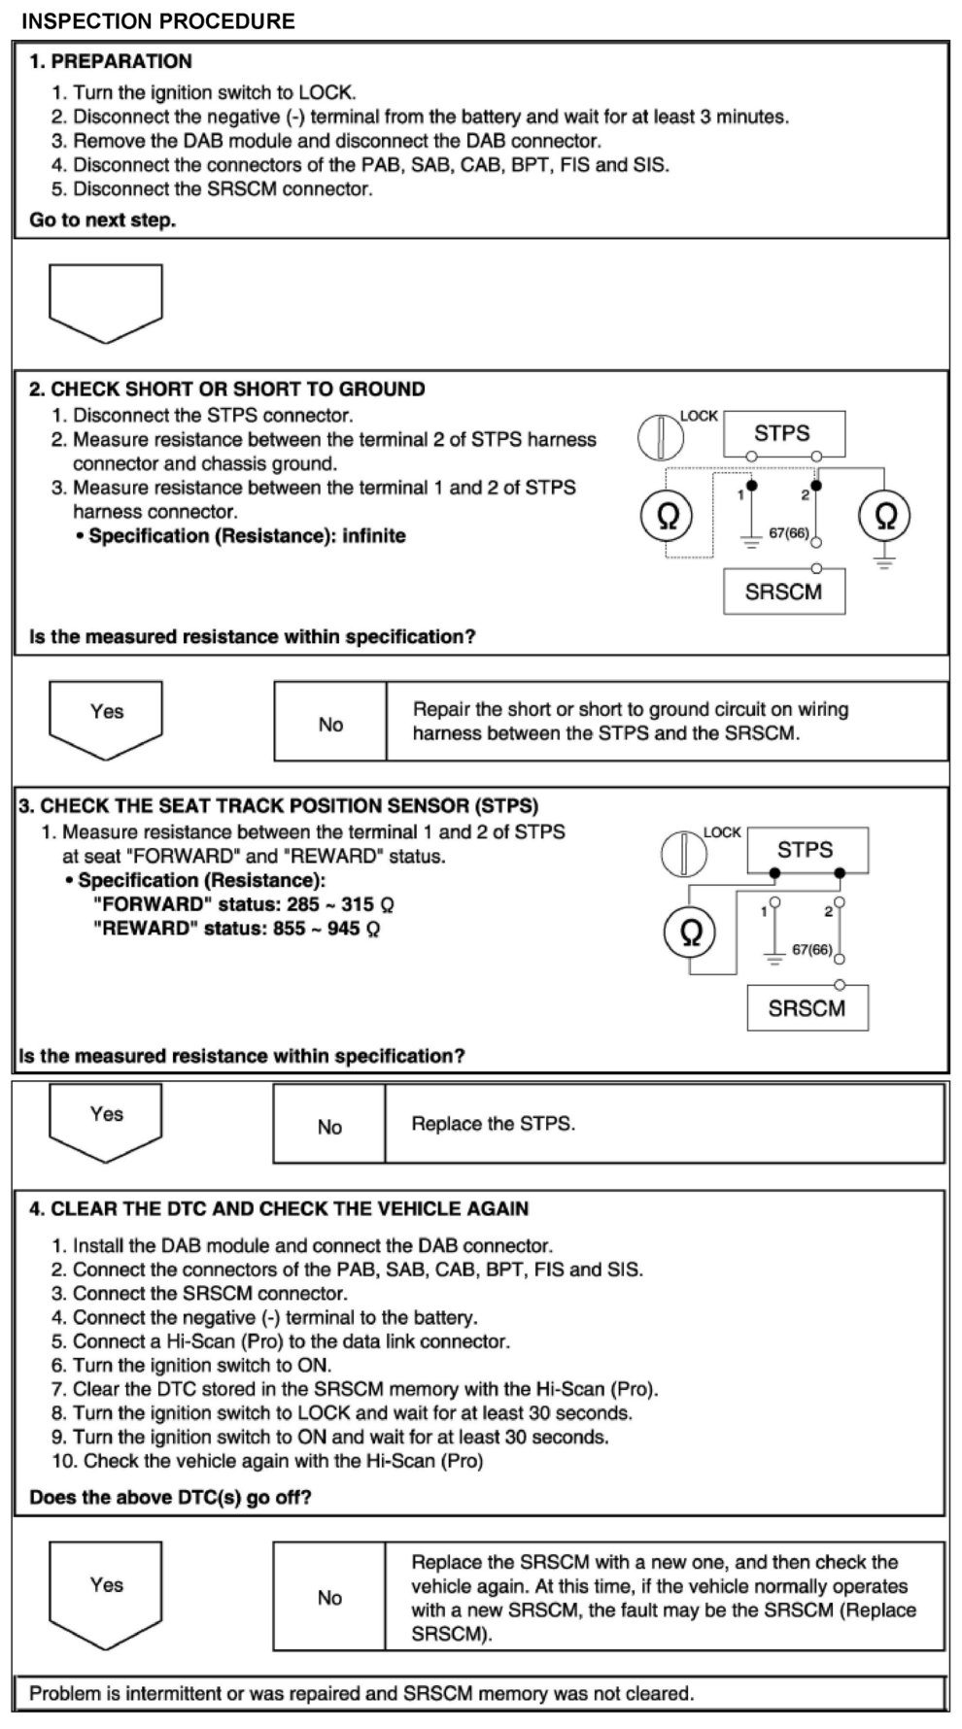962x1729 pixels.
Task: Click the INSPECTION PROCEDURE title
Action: pyautogui.click(x=158, y=20)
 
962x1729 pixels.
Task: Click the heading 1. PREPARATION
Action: pyautogui.click(x=111, y=61)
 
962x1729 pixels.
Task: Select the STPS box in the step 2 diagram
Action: pyautogui.click(x=783, y=433)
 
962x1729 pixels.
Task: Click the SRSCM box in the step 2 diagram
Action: pyautogui.click(x=783, y=591)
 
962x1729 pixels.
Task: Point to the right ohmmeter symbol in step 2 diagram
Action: pyautogui.click(x=885, y=516)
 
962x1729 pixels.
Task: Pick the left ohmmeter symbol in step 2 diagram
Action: pyautogui.click(x=668, y=516)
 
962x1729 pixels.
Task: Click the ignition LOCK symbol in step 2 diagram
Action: pyautogui.click(x=661, y=436)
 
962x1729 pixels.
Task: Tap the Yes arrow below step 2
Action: pyautogui.click(x=106, y=717)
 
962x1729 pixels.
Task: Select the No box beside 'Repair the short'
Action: pyautogui.click(x=330, y=724)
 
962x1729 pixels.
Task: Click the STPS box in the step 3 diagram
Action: pyautogui.click(x=806, y=850)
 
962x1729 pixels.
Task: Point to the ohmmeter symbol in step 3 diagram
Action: pyautogui.click(x=691, y=932)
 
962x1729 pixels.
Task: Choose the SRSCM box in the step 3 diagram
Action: pyautogui.click(x=807, y=1007)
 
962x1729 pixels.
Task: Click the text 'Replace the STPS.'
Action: pyautogui.click(x=494, y=1124)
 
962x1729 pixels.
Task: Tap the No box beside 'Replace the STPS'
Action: pyautogui.click(x=329, y=1127)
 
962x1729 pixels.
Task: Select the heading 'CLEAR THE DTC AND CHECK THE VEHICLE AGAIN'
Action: pyautogui.click(x=279, y=1209)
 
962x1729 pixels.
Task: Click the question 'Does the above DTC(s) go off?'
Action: pyautogui.click(x=170, y=1497)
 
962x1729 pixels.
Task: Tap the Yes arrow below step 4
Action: pyautogui.click(x=106, y=1592)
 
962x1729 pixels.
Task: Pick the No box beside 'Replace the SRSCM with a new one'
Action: pyautogui.click(x=329, y=1598)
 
